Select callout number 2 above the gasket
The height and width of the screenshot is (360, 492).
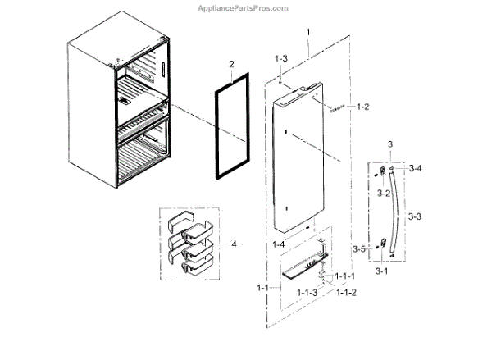click(x=231, y=64)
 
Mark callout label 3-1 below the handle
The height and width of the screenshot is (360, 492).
click(x=381, y=271)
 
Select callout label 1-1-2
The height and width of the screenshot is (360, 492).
click(x=345, y=294)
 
